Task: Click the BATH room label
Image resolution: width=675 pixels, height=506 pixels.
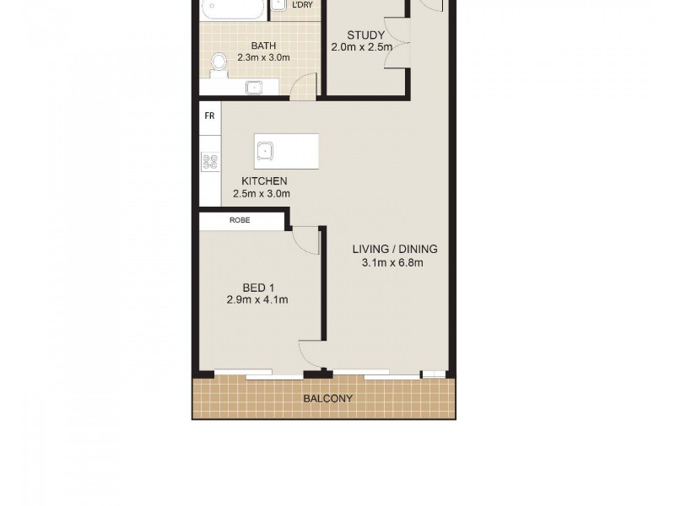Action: (263, 46)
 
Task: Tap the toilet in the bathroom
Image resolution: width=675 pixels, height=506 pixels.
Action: (220, 62)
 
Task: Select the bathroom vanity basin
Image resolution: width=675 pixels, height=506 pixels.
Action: (253, 86)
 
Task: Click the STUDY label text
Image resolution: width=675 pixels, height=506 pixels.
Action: (365, 35)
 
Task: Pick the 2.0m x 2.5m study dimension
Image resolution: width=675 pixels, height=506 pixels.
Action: (361, 47)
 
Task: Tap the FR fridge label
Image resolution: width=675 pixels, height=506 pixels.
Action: (209, 116)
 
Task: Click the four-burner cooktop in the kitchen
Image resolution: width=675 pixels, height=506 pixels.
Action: (210, 161)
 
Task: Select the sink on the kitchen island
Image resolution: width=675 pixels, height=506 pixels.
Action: (266, 151)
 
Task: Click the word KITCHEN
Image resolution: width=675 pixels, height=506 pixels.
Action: (264, 181)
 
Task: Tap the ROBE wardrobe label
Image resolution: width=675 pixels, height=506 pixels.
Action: (240, 221)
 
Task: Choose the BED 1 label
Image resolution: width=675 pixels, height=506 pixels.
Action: (258, 288)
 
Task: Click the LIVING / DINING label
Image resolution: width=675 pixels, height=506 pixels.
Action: (395, 250)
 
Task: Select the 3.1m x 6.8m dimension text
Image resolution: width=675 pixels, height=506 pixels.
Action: (392, 262)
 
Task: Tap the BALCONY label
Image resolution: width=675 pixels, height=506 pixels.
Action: (328, 399)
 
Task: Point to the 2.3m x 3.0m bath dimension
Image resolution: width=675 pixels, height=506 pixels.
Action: (263, 58)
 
